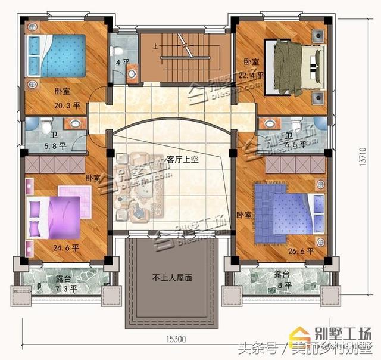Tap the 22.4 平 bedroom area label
(251, 76)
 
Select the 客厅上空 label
(182, 159)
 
